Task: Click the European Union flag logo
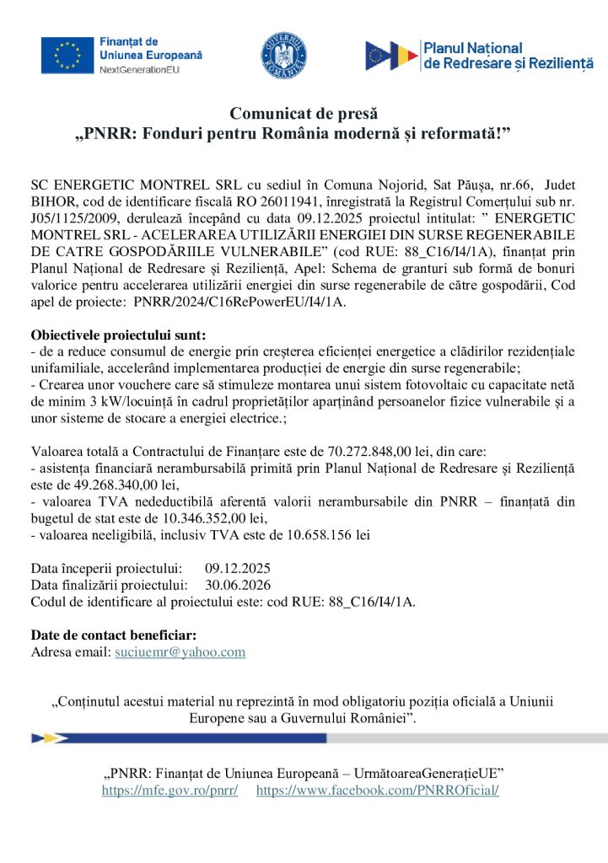click(67, 55)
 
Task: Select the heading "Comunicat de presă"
click(304, 114)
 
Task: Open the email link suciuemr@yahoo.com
click(180, 652)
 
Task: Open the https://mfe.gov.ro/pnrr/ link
click(169, 790)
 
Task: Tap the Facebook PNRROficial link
click(377, 790)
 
